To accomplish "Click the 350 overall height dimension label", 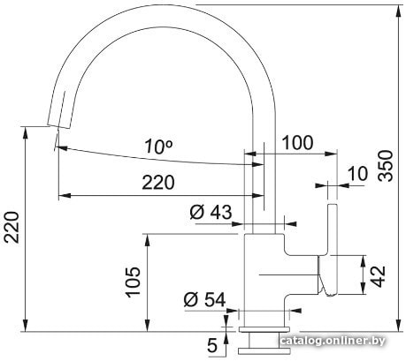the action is (387, 165).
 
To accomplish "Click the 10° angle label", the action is (158, 147).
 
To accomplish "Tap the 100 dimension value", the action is (297, 143).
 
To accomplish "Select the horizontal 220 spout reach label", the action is (158, 182).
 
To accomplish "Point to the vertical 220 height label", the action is (11, 227).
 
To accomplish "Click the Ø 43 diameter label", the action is (211, 212).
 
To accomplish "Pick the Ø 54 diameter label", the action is (204, 300).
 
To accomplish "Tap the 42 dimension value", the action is (378, 276).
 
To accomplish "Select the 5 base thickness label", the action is (212, 345).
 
